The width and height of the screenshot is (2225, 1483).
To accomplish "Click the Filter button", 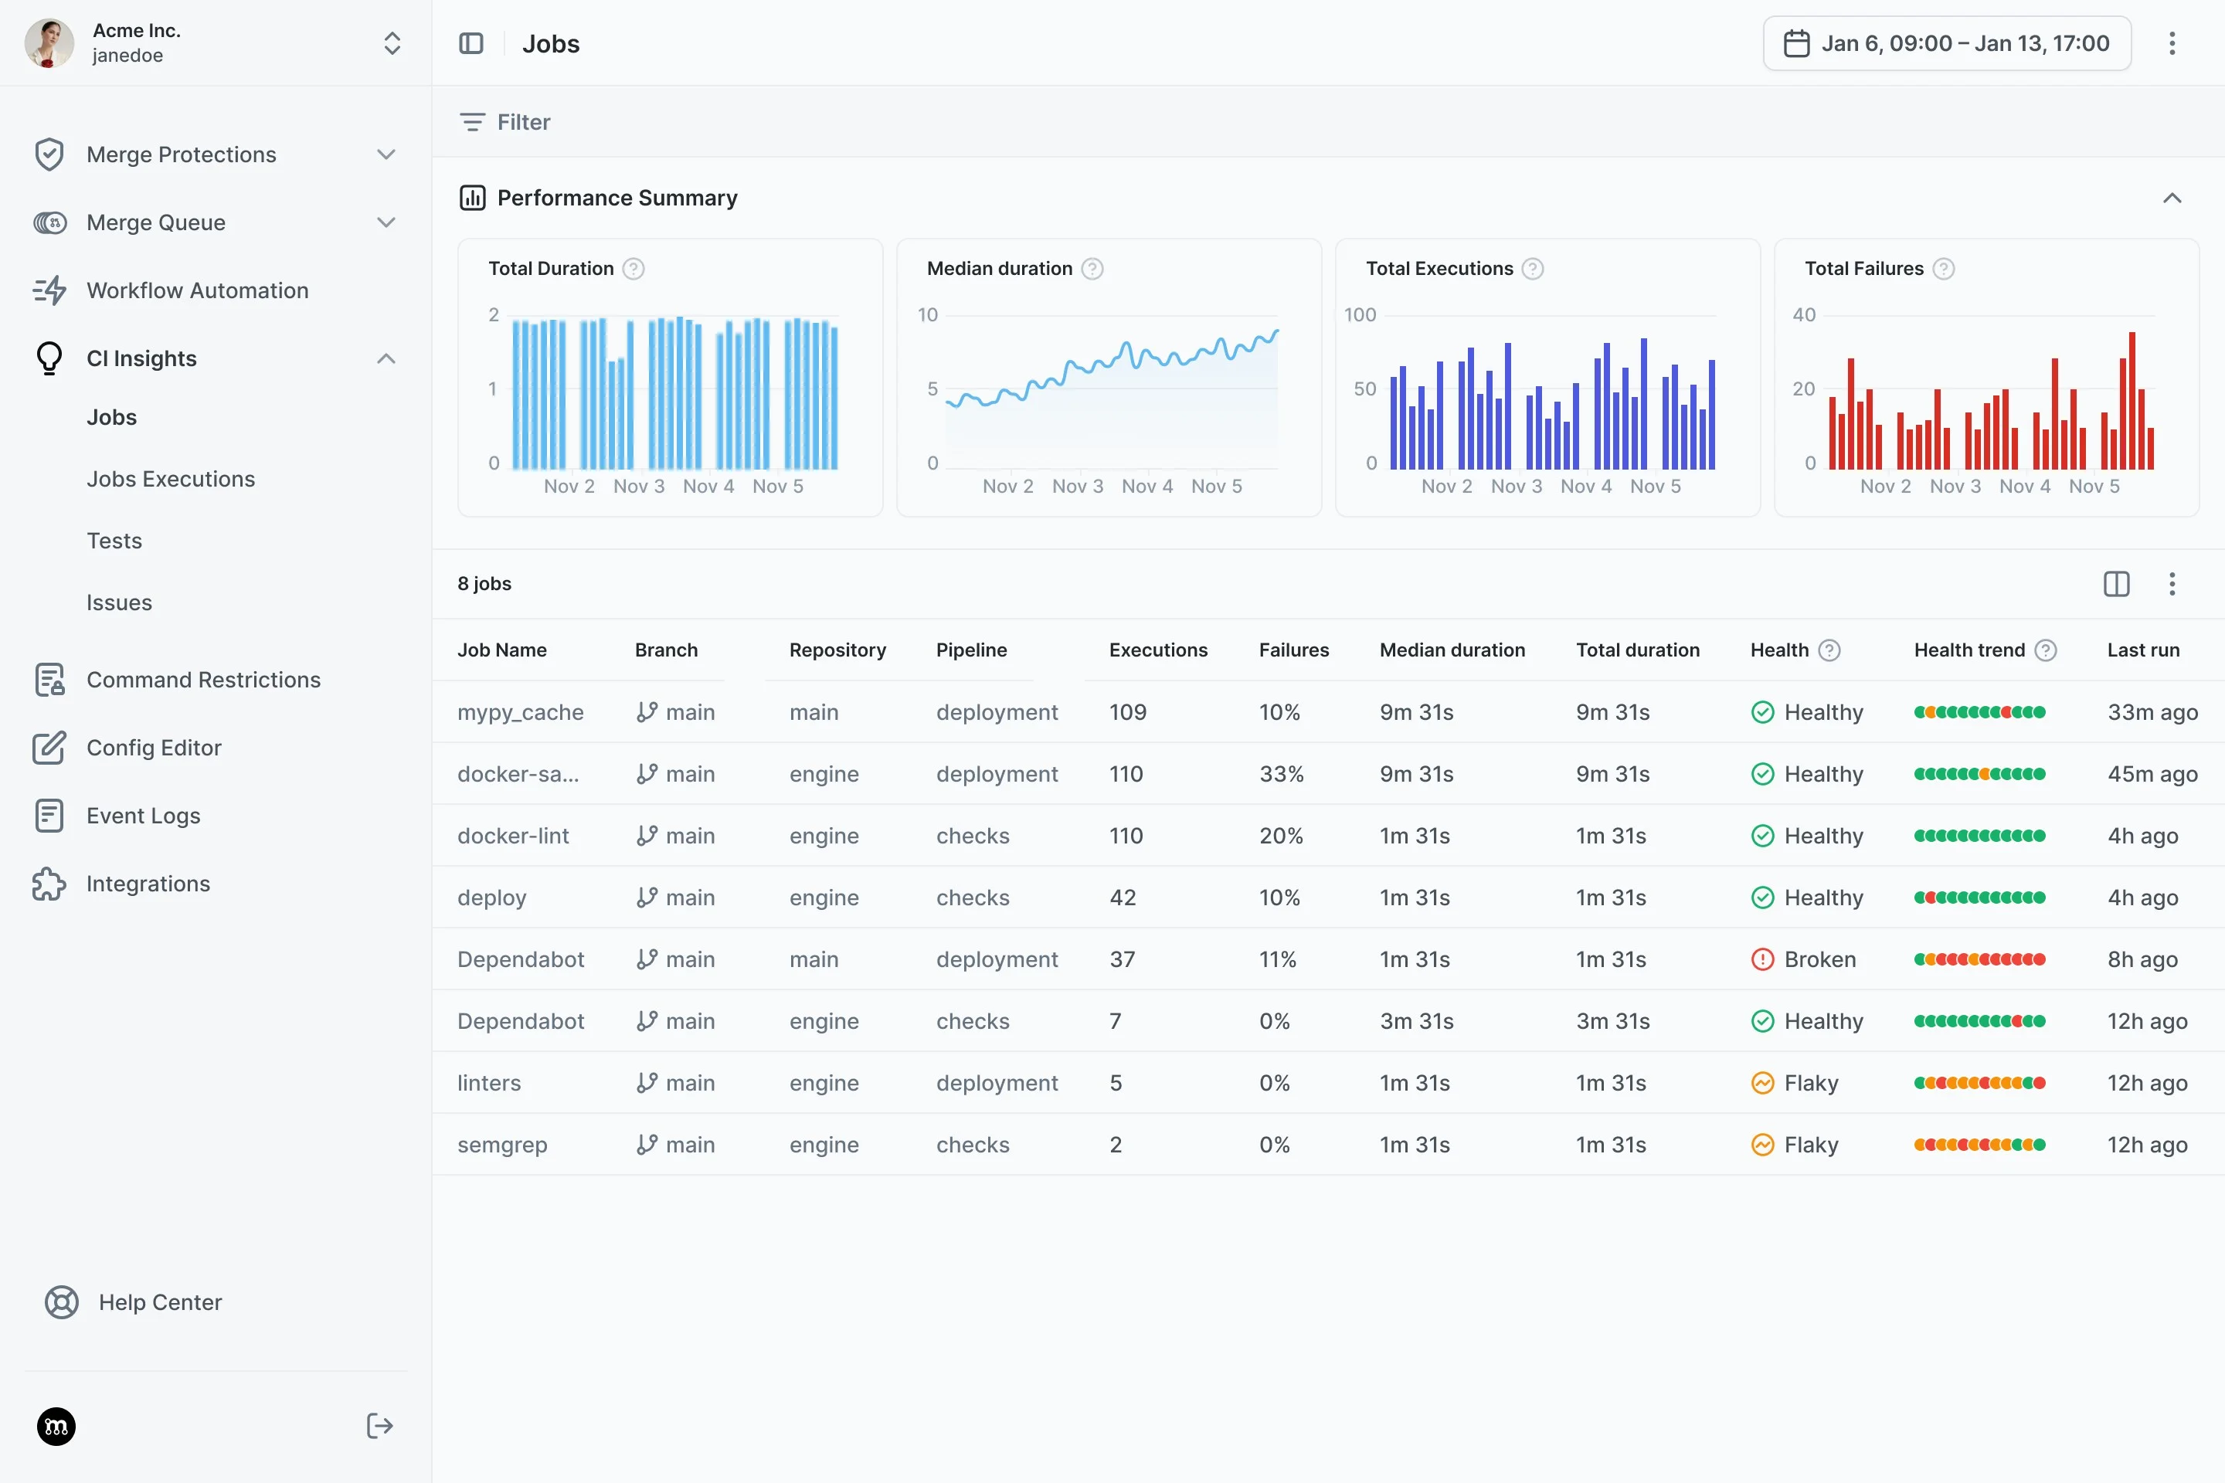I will (505, 122).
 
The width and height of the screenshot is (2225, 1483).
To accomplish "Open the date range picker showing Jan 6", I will (1946, 43).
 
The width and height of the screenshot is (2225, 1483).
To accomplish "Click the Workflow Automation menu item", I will (197, 290).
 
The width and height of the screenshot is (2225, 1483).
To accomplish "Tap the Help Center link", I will (160, 1302).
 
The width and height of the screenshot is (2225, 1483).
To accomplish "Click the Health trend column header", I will (1969, 650).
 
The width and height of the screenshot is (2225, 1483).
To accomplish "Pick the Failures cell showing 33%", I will (1281, 774).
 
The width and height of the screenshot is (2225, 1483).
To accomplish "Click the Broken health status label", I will (1819, 959).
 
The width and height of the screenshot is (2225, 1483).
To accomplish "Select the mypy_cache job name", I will (520, 712).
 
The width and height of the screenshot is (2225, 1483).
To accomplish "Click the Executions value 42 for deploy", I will (1122, 898).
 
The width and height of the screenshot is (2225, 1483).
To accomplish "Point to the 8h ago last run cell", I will (2142, 959).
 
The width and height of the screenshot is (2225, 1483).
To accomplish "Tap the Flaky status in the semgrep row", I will (1811, 1145).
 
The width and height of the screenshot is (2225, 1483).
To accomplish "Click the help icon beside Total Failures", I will (1943, 269).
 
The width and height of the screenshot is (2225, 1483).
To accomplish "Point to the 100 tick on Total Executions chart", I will (1360, 315).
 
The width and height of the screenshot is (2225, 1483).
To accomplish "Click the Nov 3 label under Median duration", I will (1078, 486).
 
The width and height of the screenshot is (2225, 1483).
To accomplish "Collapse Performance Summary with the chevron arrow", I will (2171, 198).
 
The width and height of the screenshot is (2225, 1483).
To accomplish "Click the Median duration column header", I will (1451, 650).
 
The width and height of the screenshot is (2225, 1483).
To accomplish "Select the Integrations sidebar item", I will (148, 884).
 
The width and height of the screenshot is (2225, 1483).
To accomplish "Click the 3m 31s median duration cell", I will (1416, 1021).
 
